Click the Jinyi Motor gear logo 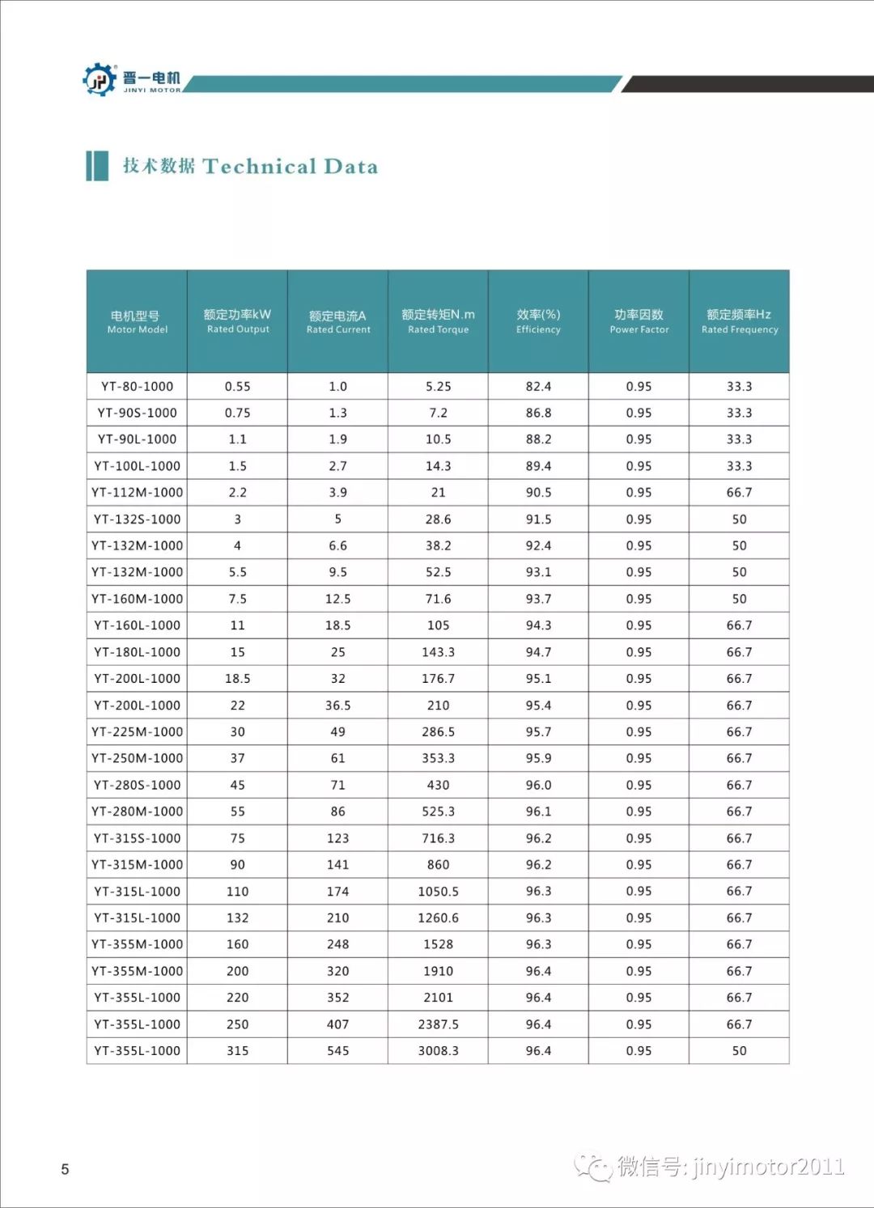(x=100, y=79)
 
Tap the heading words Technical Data (x=290, y=167)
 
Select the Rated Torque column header (x=438, y=321)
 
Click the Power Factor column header (x=639, y=321)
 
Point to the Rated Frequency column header (x=739, y=321)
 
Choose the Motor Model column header (x=137, y=321)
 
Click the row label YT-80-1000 (x=137, y=387)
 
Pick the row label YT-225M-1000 (x=137, y=731)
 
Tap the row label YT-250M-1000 (x=137, y=758)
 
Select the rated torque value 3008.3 (x=438, y=1050)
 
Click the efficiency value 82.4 (x=538, y=387)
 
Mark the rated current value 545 (x=337, y=1050)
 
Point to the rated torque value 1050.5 (x=438, y=891)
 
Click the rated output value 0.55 (x=237, y=387)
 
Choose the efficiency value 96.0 (x=538, y=785)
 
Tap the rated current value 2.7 (x=337, y=466)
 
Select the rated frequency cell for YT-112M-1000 (x=739, y=492)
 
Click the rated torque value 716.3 (x=438, y=838)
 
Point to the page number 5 (x=65, y=1169)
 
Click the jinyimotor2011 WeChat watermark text (x=768, y=1167)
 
